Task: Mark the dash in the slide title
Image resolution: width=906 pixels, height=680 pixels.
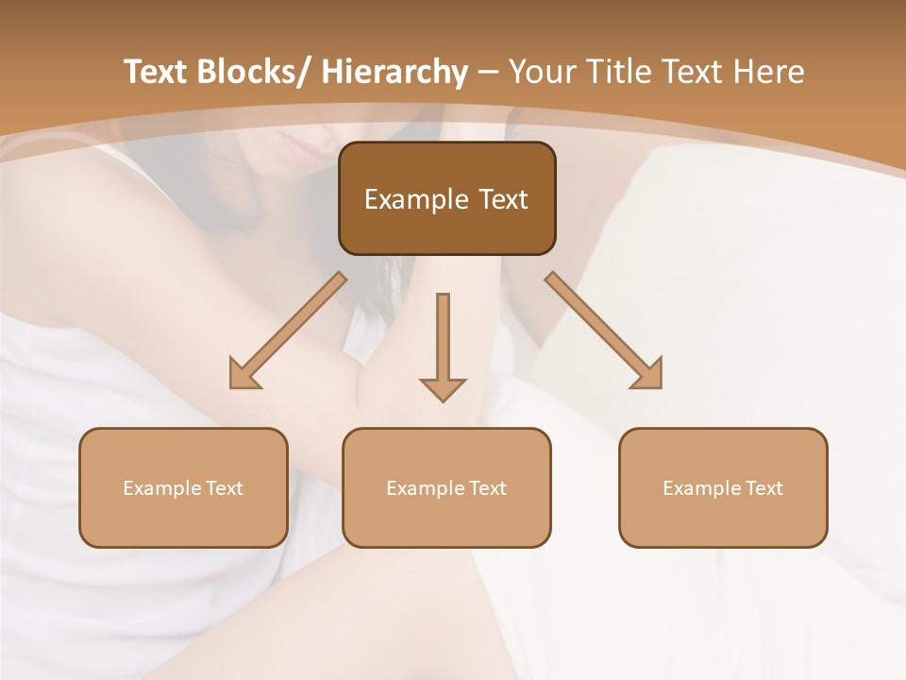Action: coord(488,72)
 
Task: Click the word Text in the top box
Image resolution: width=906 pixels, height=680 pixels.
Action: coord(502,199)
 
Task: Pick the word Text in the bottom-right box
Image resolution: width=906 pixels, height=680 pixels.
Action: coord(763,488)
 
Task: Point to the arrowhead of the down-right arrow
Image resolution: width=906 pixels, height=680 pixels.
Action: coord(648,375)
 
